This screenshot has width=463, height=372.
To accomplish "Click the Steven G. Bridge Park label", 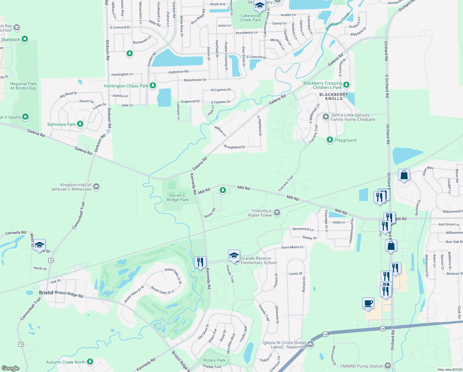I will point(177,197).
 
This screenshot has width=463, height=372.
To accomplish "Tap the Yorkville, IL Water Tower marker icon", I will point(277,213).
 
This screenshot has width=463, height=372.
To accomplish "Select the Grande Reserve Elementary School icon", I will point(234,256).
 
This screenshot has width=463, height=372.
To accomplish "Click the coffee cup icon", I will point(368,303).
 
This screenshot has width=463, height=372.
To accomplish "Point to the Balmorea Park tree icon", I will point(80,124).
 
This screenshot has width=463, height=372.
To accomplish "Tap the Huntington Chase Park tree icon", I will point(153,85).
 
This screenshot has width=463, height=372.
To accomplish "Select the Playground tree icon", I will point(330,140).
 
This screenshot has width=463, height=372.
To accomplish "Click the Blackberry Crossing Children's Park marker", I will point(346,85).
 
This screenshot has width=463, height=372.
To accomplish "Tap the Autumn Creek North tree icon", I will point(90,361).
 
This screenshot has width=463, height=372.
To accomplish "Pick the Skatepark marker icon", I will point(25,39).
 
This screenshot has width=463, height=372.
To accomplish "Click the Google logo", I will point(10,368).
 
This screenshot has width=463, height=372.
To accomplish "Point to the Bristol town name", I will point(46,293).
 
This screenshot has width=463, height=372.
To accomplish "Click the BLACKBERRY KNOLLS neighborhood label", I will point(334,96).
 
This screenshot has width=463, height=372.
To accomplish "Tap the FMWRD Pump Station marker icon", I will point(387,366).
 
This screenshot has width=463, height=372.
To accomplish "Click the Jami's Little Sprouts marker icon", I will point(326,117).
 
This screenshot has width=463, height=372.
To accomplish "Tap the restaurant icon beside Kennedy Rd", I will point(200,262).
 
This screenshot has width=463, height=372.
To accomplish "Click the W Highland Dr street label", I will point(234,147).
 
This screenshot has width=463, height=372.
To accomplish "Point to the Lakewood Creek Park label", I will point(250,18).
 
